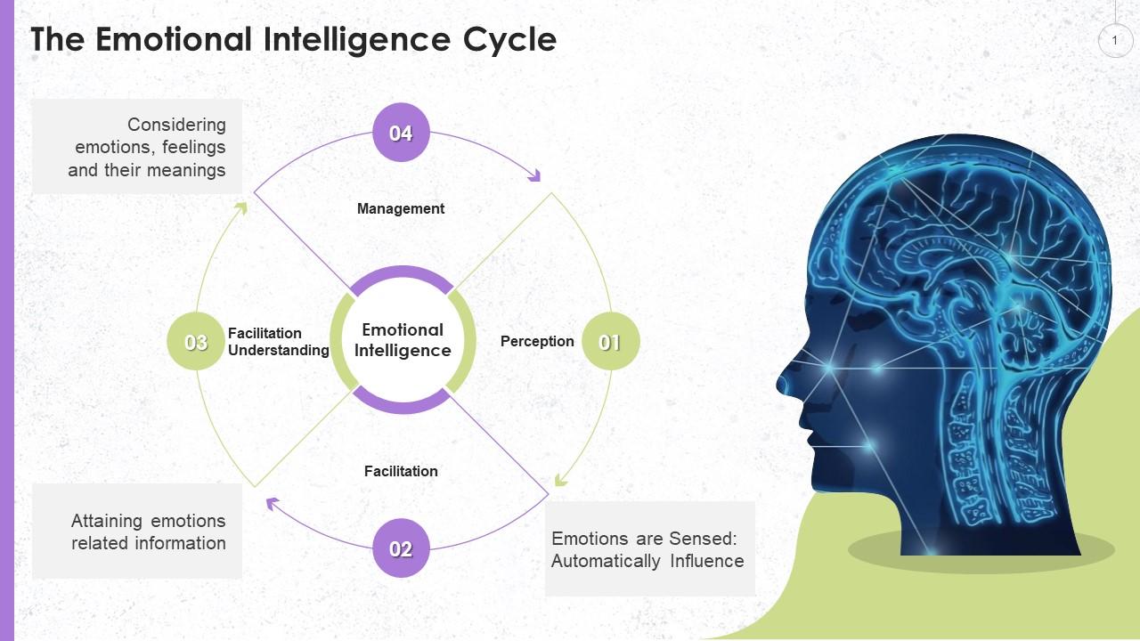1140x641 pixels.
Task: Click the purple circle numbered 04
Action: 401,133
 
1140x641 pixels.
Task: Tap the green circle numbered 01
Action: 610,342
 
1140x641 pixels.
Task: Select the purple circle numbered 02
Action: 401,548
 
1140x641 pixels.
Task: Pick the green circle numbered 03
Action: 196,342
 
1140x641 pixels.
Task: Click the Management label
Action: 401,208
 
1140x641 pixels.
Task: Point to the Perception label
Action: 537,341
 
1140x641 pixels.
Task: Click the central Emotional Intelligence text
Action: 403,340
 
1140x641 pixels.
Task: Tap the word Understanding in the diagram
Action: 279,351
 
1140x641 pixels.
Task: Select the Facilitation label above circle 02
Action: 401,471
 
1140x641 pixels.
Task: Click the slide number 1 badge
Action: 1114,40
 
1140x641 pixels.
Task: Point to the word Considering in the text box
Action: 176,125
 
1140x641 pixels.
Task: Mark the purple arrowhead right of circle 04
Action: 534,175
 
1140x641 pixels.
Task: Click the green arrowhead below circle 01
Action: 560,480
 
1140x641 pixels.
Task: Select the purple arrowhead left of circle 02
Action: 273,504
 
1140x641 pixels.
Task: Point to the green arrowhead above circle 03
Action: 240,208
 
